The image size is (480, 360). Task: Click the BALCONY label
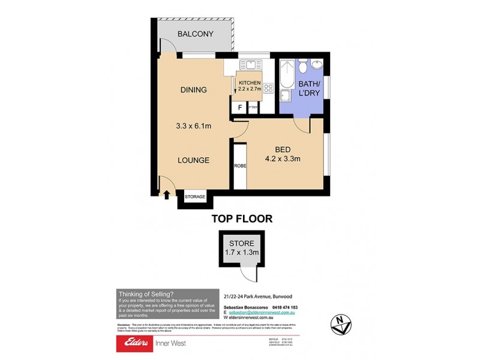196,34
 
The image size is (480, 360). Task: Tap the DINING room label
193,90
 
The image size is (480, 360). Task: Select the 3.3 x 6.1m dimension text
193,126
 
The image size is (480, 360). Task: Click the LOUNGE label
193,160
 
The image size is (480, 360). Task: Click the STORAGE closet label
195,197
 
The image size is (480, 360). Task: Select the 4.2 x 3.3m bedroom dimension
283,159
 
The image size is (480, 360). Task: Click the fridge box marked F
240,107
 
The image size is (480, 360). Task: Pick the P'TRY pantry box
253,107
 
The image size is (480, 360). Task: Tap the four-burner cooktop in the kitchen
269,88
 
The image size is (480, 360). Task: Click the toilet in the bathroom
303,65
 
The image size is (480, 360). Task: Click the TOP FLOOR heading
242,219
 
